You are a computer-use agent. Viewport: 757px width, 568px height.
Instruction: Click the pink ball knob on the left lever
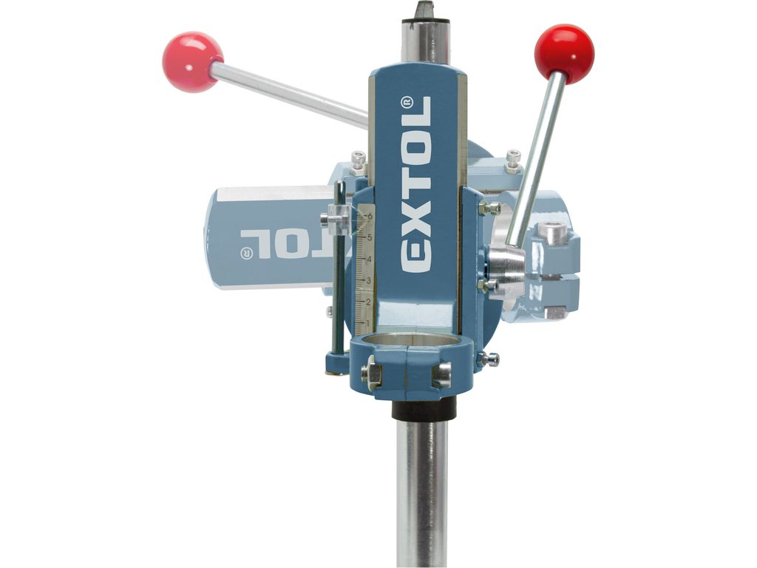(192, 62)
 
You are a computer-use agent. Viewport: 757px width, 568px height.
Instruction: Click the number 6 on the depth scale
(370, 216)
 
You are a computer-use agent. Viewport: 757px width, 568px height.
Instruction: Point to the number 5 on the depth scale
(369, 237)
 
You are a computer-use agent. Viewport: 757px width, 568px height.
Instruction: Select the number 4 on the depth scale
(369, 260)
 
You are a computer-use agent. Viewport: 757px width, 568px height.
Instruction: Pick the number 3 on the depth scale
(369, 280)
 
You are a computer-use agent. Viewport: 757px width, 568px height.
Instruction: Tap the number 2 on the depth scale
(369, 302)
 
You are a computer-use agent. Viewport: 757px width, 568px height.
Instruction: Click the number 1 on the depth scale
(369, 322)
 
